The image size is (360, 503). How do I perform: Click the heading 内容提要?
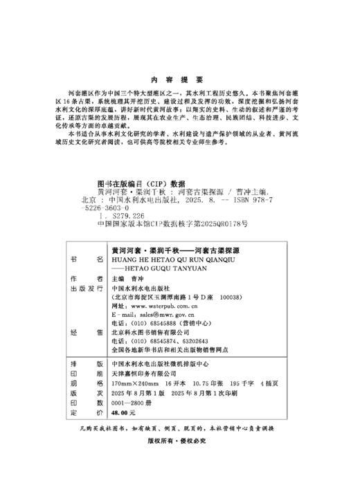179,78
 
